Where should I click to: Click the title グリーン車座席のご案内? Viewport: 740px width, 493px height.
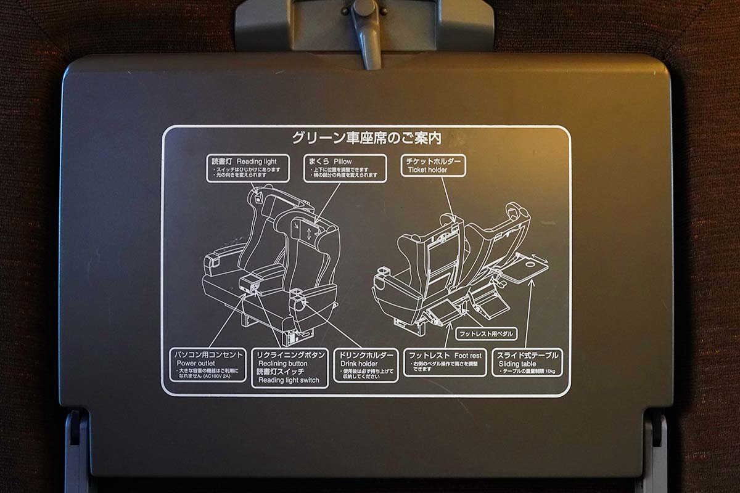(x=366, y=137)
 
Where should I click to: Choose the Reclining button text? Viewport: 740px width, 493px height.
(x=282, y=364)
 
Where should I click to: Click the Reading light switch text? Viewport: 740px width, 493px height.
(x=289, y=380)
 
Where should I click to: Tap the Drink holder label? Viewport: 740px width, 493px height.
(x=360, y=364)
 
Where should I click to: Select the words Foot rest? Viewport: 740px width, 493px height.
(x=467, y=355)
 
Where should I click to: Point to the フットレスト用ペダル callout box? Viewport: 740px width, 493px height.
(x=486, y=334)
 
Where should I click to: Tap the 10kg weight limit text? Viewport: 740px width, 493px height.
(x=549, y=371)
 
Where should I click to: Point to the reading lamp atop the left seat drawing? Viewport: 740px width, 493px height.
(x=256, y=195)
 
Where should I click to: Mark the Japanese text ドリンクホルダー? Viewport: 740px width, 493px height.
(x=366, y=355)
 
